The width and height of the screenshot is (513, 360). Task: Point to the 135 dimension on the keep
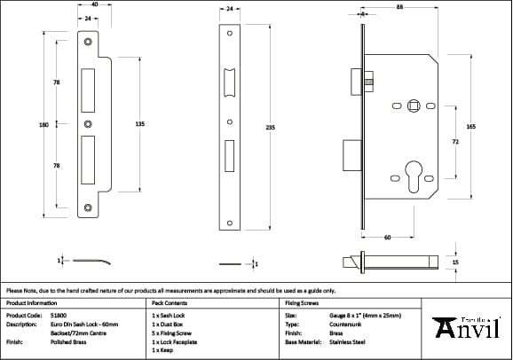[x=139, y=125]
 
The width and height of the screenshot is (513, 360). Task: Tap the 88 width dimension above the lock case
[x=400, y=8]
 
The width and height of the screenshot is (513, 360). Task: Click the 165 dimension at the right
[x=470, y=128]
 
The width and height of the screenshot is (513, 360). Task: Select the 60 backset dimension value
[x=388, y=238]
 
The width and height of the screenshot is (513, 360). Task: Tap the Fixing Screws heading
[x=302, y=303]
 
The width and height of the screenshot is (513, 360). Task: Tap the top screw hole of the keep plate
[x=88, y=42]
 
